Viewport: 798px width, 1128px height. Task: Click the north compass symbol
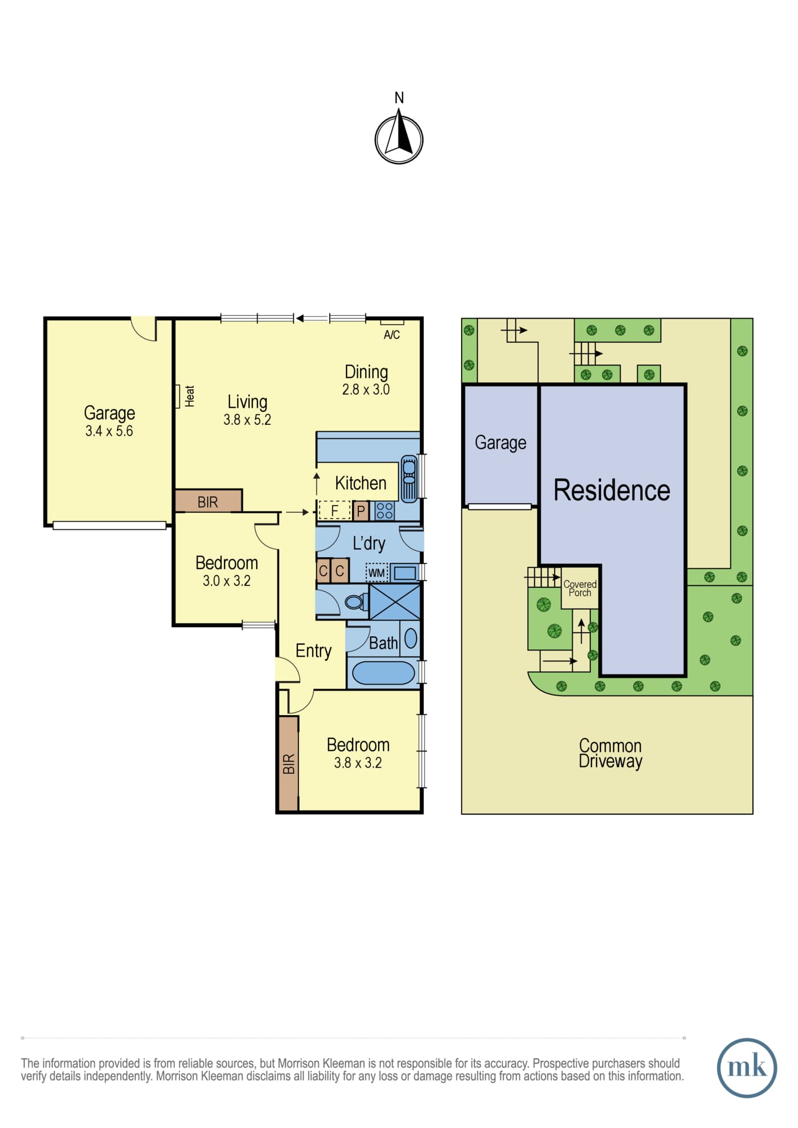coord(399,139)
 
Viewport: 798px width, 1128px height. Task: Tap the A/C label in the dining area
coord(392,335)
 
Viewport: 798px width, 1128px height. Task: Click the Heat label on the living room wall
coord(190,396)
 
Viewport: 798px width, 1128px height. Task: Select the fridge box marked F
coord(335,511)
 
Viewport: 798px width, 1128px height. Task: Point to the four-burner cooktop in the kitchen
coord(385,511)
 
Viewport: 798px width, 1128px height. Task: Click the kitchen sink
coord(409,478)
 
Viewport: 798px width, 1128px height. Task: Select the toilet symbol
coord(354,602)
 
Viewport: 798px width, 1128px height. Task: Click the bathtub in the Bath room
coord(383,673)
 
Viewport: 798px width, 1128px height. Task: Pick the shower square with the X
coord(394,602)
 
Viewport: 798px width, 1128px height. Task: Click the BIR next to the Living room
coord(208,501)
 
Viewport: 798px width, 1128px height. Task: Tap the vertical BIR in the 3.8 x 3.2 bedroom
coord(288,764)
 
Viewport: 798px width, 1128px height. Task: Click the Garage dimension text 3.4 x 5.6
coord(109,431)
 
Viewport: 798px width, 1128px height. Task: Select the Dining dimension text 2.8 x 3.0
coord(366,390)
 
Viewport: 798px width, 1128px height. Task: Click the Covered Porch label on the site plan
coord(580,588)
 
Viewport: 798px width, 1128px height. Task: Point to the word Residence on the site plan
coord(612,490)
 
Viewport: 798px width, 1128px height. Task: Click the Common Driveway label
coord(611,754)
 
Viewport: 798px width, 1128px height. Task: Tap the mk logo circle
coord(747,1068)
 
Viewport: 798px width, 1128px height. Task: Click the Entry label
coord(314,651)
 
